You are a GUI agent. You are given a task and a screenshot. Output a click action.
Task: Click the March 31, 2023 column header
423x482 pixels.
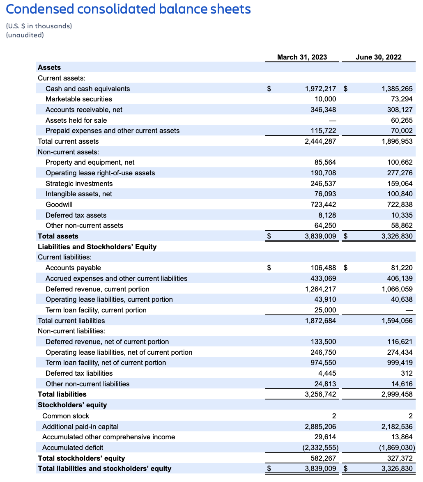[x=302, y=57]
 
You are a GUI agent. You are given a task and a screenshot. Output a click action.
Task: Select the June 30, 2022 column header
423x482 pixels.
[x=379, y=57]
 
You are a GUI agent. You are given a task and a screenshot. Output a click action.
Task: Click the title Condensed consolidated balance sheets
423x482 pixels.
[x=129, y=9]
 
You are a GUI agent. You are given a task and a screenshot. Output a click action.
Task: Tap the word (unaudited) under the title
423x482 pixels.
[x=25, y=35]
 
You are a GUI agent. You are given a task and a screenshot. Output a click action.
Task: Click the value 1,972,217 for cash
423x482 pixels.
[x=320, y=89]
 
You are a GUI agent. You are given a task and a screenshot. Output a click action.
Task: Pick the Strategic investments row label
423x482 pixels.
[x=79, y=184]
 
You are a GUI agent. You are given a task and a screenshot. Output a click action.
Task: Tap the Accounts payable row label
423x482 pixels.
[x=73, y=268]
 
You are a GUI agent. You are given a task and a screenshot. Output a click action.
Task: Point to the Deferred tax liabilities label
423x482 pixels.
[x=79, y=373]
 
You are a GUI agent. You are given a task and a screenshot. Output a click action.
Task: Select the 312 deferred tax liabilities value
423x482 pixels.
[x=407, y=373]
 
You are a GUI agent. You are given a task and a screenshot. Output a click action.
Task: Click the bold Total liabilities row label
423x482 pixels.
[x=62, y=394]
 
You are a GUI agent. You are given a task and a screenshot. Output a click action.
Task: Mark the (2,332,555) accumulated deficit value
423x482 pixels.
[x=319, y=448]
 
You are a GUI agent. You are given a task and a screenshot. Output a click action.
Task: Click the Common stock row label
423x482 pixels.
[x=66, y=416]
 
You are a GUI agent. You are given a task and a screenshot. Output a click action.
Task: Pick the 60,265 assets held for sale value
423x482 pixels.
[x=401, y=120]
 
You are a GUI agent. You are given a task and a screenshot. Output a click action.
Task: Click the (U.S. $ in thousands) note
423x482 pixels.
[x=39, y=26]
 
